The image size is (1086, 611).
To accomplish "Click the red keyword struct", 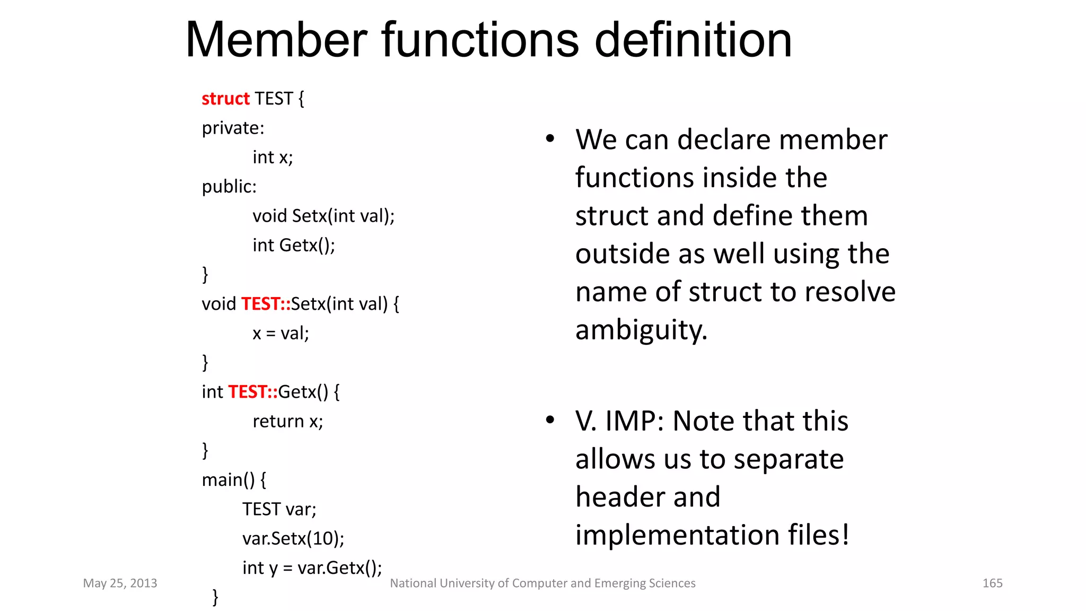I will (225, 99).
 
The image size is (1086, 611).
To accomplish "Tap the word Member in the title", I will (276, 40).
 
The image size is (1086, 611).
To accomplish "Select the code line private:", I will (233, 128).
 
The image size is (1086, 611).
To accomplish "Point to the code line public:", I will (229, 187).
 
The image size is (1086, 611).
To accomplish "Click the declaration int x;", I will (273, 158).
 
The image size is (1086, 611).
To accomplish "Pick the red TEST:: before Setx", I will (266, 304).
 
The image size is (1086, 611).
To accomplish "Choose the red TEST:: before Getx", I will (253, 392).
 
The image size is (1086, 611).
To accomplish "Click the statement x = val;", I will (281, 334).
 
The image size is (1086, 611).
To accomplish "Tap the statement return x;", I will (287, 422).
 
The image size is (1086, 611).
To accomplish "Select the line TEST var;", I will (279, 509).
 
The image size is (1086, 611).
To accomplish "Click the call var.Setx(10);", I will (293, 539).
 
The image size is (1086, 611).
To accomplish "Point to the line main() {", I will (234, 480).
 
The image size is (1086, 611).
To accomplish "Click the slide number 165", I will (992, 583).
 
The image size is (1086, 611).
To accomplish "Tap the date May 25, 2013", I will (120, 583).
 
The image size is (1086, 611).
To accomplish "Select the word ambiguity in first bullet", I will (641, 330).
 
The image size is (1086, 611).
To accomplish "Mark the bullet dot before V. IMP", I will (550, 420).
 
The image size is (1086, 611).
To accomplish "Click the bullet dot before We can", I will (550, 139).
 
